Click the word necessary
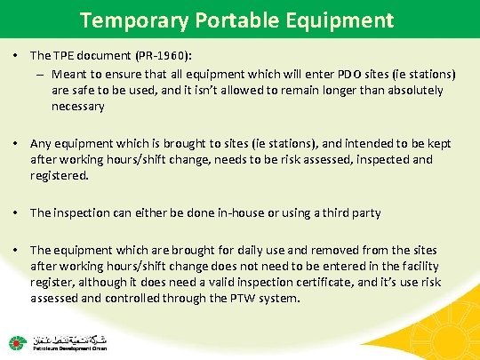tap(78, 106)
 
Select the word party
tap(365, 212)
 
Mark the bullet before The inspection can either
tap(18, 212)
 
